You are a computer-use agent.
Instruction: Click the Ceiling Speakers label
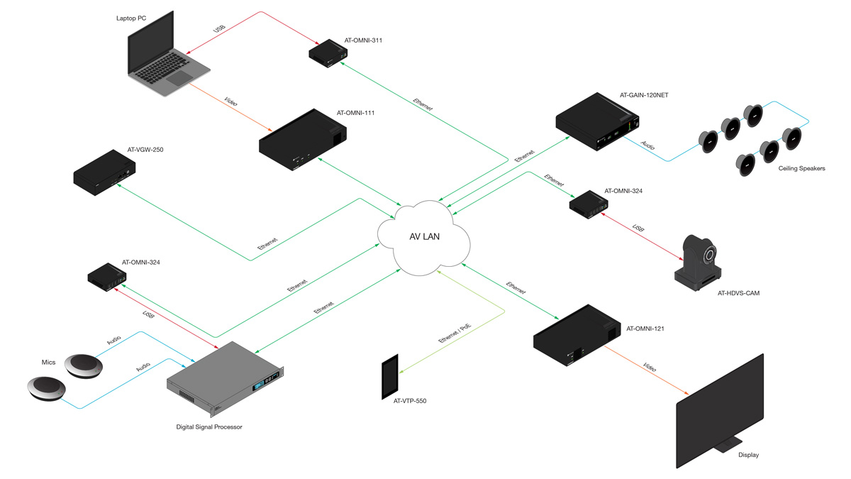coord(801,168)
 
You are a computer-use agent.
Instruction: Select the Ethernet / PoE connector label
coord(455,332)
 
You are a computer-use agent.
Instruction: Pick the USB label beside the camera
coord(638,231)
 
